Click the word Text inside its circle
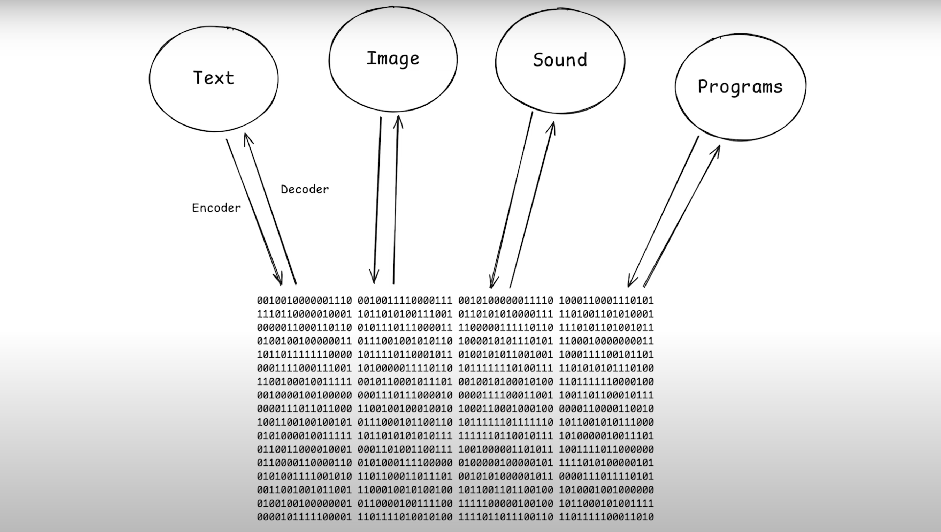[x=214, y=78]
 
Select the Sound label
[x=560, y=60]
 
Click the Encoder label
[x=216, y=208]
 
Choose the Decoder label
[x=305, y=189]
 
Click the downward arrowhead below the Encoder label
[x=280, y=281]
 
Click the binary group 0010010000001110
[x=304, y=301]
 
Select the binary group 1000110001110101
[x=606, y=301]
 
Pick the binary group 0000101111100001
[x=304, y=517]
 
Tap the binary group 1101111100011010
[x=606, y=517]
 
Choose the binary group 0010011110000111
[x=405, y=301]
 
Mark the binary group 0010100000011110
[x=506, y=301]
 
